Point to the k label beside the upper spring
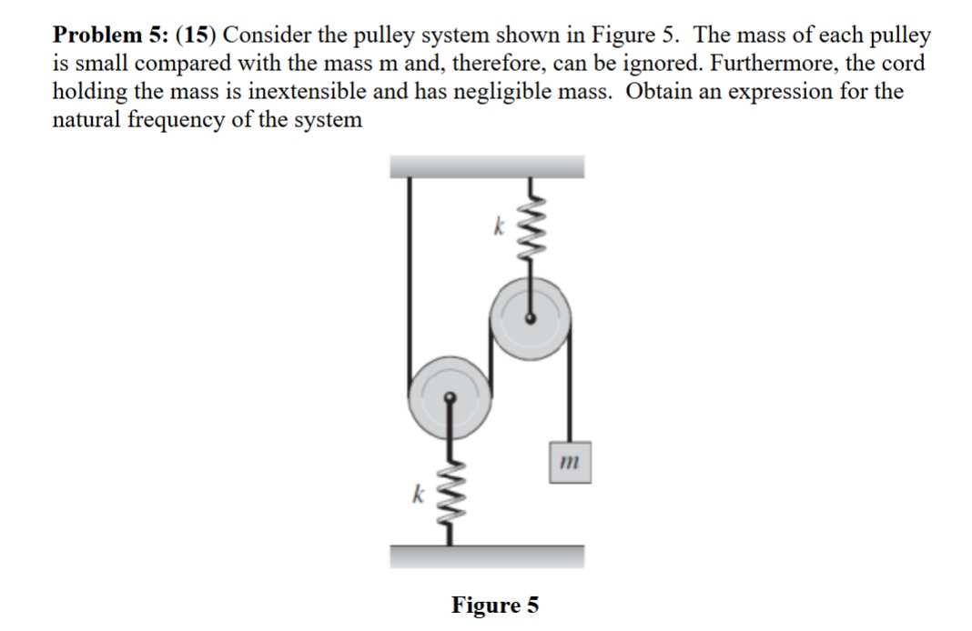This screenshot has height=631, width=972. click(498, 224)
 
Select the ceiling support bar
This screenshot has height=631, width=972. click(487, 166)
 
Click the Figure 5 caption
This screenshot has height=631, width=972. click(495, 605)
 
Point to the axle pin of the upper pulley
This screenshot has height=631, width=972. click(531, 318)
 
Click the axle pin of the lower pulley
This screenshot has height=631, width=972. click(449, 396)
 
